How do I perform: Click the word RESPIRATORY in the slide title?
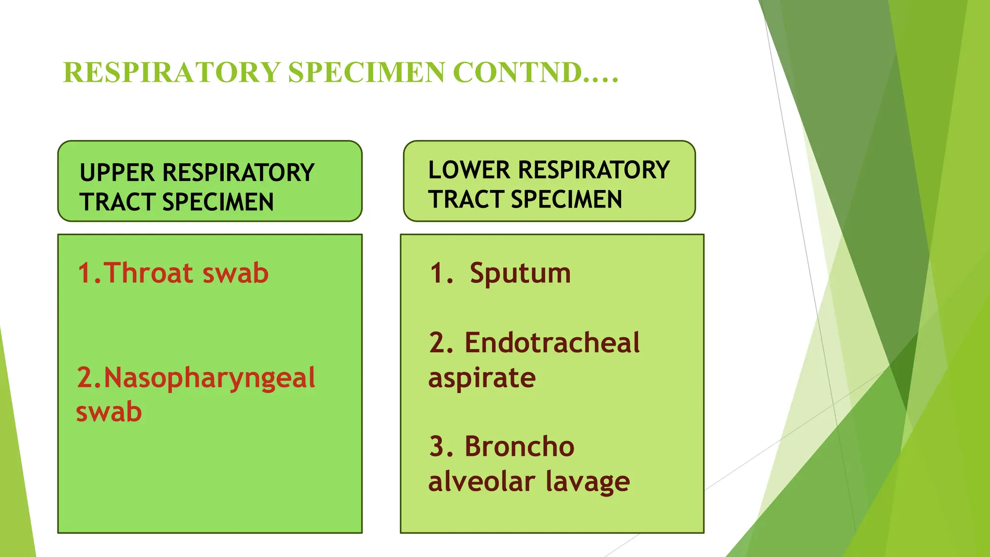click(172, 73)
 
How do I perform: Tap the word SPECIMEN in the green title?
click(366, 73)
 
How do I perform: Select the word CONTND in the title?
click(517, 73)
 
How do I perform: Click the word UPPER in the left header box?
click(117, 173)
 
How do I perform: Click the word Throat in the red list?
click(148, 273)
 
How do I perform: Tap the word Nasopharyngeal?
click(209, 378)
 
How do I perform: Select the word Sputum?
click(520, 274)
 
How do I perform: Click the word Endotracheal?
click(552, 343)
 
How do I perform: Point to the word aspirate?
click(481, 378)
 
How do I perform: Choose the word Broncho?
click(519, 446)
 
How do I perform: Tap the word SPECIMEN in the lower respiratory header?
click(566, 200)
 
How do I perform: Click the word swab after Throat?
click(235, 273)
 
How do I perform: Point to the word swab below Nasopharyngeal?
click(109, 412)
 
